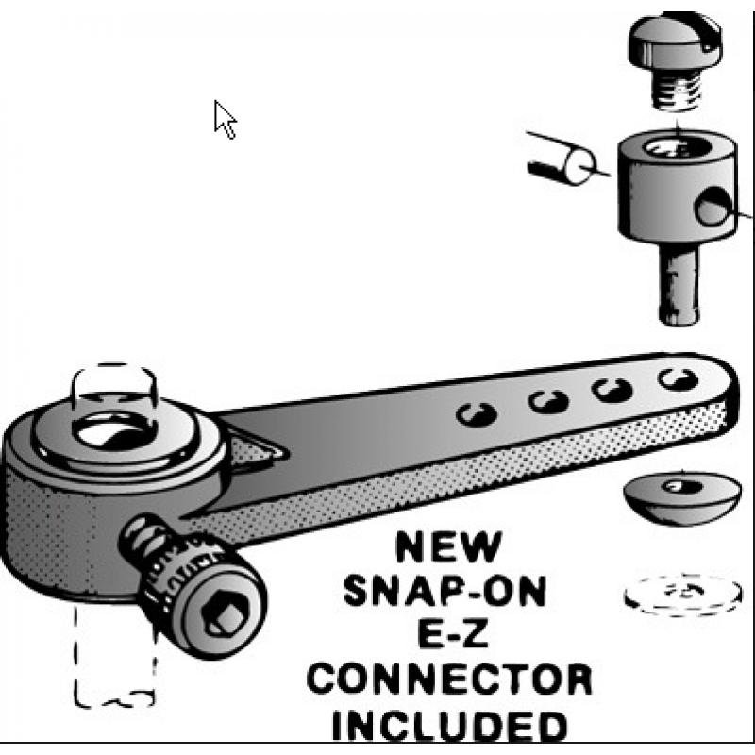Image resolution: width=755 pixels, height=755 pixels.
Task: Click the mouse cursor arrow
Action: (224, 119)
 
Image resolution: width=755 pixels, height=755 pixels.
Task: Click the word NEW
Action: (448, 546)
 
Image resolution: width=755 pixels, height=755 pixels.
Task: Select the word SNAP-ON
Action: (445, 591)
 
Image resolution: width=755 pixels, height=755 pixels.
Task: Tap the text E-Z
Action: (453, 633)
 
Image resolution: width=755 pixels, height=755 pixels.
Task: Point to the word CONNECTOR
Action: (449, 679)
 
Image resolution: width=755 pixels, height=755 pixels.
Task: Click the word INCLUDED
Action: (450, 725)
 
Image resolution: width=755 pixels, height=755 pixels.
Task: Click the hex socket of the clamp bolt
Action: (226, 617)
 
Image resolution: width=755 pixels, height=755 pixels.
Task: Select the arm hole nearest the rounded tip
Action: (678, 379)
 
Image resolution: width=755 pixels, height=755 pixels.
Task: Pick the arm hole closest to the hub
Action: (477, 414)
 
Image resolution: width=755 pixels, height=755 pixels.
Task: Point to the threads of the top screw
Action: (677, 91)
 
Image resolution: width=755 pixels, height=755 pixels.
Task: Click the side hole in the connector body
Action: (711, 207)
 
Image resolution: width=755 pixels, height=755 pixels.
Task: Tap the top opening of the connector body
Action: (677, 148)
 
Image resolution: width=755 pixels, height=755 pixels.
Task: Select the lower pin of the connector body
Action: (679, 283)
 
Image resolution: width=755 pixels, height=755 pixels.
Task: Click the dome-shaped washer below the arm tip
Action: (681, 497)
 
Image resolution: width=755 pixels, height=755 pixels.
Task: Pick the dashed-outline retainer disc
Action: (682, 595)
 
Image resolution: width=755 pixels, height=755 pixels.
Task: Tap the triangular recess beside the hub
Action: (255, 450)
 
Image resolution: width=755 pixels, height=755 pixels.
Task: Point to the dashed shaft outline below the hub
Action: (114, 655)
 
